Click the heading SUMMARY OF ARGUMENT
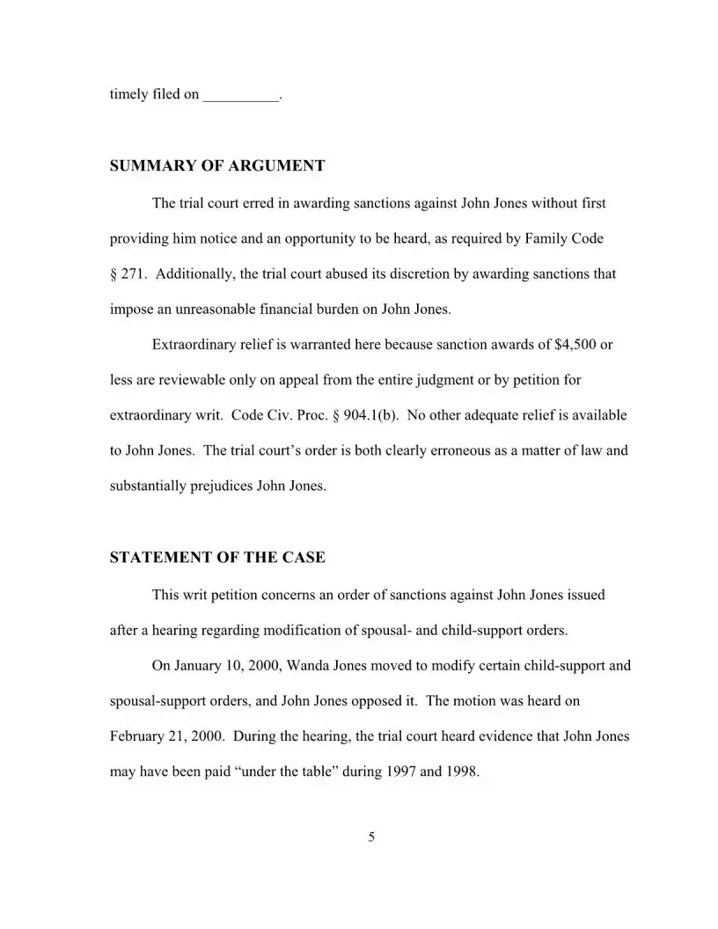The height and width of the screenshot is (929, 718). point(217,165)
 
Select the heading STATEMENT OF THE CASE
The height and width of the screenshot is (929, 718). point(217,558)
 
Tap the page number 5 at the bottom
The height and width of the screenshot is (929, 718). point(370,837)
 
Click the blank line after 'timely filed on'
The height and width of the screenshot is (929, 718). point(240,94)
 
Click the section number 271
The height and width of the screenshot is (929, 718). point(133,274)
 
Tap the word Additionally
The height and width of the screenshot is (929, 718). point(194,274)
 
